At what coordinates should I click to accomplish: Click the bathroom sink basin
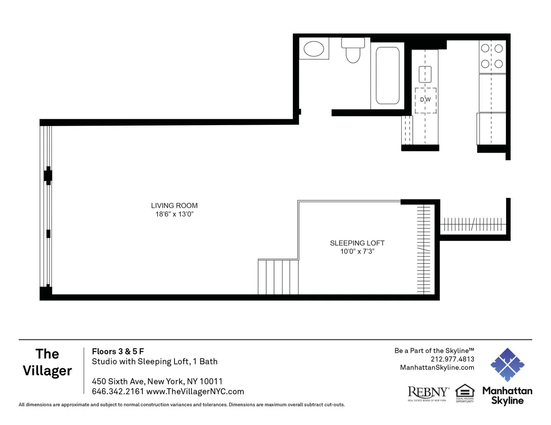(315, 49)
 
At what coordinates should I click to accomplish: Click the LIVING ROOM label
(174, 206)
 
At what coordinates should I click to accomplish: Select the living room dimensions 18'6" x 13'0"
(174, 214)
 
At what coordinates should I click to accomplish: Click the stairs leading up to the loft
(278, 277)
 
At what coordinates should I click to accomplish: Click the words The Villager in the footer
(48, 362)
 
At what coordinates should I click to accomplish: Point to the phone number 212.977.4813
(452, 359)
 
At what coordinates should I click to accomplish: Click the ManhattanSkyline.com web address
(437, 367)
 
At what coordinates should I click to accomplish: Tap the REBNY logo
(428, 392)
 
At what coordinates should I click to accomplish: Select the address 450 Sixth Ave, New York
(157, 381)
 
